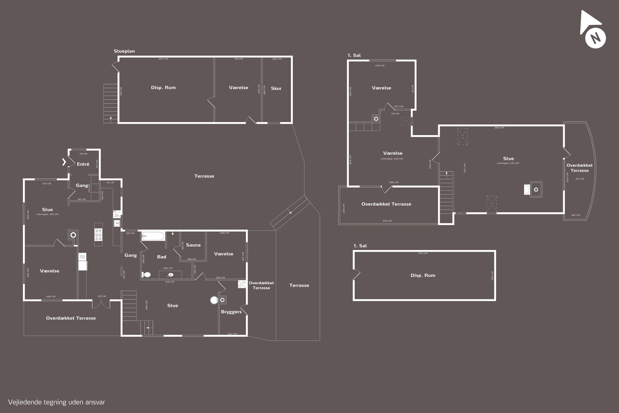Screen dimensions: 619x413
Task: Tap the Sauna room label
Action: tap(193, 245)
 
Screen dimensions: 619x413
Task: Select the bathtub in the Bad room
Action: tap(153, 236)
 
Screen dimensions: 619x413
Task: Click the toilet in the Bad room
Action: tap(146, 275)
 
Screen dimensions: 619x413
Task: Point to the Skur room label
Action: tap(276, 89)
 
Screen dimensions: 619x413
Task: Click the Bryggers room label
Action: tap(231, 312)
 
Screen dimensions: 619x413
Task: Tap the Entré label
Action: tap(83, 164)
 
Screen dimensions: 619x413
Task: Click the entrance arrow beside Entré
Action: tap(64, 162)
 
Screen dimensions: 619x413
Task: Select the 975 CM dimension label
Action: tap(423, 253)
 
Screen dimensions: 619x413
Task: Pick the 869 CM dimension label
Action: tap(499, 128)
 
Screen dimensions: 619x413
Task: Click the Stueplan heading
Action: tap(124, 51)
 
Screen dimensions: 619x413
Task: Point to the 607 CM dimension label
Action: tap(163, 59)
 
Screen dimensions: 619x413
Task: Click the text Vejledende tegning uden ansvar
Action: tap(57, 402)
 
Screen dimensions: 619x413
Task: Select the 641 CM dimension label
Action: tap(387, 221)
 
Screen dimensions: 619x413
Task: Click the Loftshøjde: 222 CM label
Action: tap(392, 159)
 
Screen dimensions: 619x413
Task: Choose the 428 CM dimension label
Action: tap(379, 66)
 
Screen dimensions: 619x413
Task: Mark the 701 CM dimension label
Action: tap(124, 275)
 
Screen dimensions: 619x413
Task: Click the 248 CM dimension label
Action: tap(224, 233)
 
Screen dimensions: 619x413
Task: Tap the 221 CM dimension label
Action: tap(580, 179)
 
